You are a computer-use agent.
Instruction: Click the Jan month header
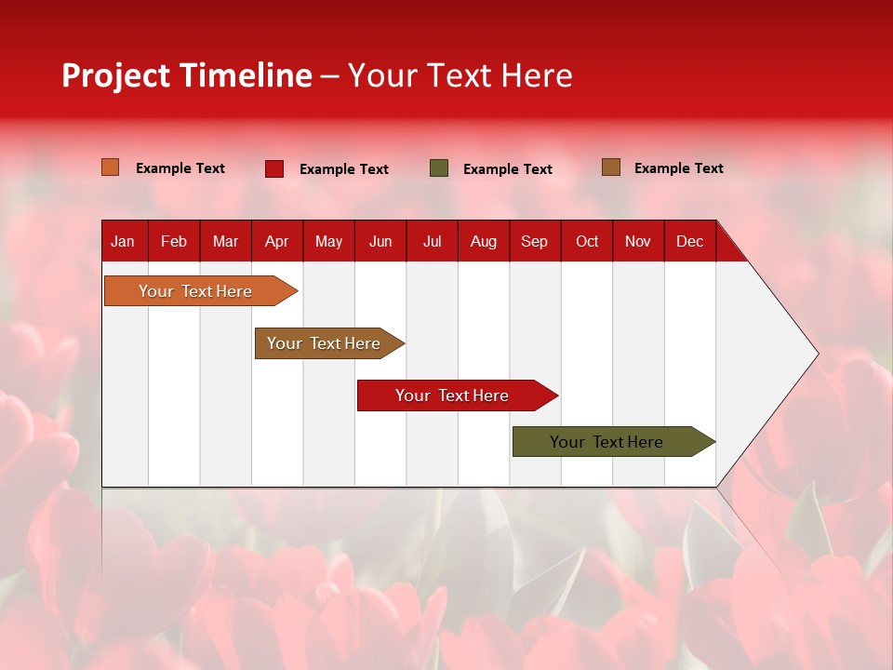[x=123, y=242]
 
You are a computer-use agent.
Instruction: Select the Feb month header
[x=174, y=242]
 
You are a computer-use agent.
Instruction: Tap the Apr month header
[x=276, y=242]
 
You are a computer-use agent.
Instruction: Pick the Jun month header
[x=380, y=242]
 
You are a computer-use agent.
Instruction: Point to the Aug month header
[x=483, y=242]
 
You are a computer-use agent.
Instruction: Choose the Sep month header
[x=534, y=242]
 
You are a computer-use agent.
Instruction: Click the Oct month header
[x=587, y=242]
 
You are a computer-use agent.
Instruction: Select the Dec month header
[x=689, y=242]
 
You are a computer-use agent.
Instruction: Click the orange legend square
[x=111, y=167]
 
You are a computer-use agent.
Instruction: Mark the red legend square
[x=274, y=168]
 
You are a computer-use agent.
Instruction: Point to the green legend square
[x=439, y=168]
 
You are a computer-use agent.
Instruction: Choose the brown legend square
[x=611, y=167]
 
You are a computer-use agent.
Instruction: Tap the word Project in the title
[x=116, y=75]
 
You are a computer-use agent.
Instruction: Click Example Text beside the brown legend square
[x=678, y=168]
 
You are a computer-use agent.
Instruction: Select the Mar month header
[x=225, y=242]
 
